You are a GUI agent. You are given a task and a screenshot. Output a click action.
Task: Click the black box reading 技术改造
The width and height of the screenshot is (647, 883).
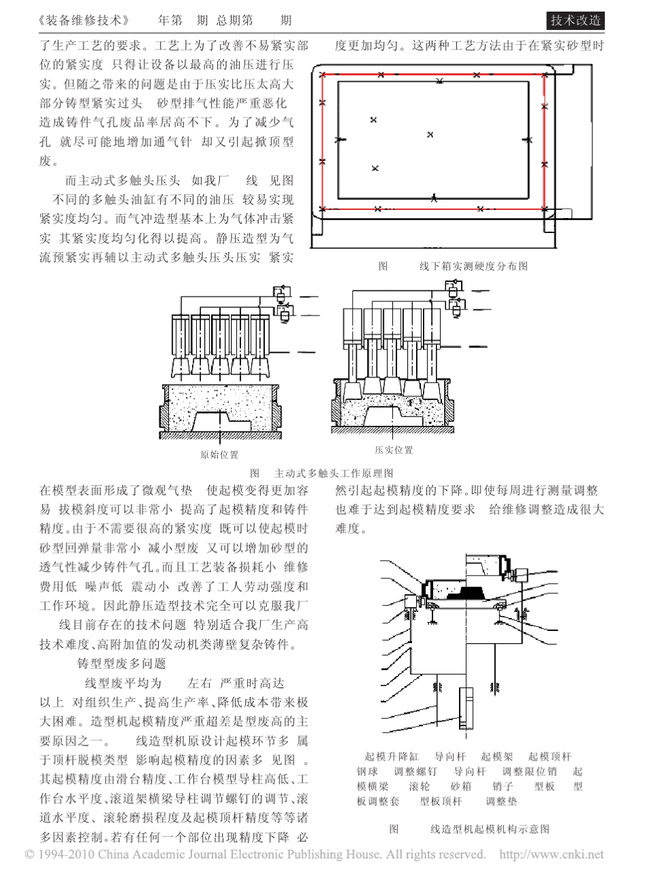pos(575,20)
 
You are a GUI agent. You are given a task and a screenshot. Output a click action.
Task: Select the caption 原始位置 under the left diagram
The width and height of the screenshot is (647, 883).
pos(219,454)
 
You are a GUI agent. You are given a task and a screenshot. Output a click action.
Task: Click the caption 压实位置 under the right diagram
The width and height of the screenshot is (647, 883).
pos(393,450)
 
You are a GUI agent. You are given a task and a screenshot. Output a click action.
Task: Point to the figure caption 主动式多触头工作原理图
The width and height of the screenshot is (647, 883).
pos(333,472)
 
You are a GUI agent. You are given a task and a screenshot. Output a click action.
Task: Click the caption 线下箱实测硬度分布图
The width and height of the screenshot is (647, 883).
pos(473,266)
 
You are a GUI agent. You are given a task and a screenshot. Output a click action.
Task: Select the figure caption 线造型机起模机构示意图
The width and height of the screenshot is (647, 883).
pos(490,829)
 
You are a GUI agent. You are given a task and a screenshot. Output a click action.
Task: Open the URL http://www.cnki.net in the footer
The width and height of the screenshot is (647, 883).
pos(552,854)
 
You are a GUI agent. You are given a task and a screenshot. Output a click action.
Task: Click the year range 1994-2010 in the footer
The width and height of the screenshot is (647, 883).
pos(65,854)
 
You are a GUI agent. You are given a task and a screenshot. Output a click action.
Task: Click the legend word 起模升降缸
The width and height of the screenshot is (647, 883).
pos(385,756)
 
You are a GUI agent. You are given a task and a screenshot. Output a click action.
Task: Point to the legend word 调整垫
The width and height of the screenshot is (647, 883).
pos(501,801)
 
